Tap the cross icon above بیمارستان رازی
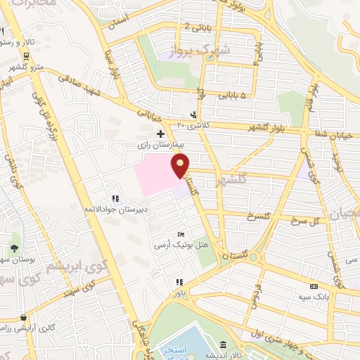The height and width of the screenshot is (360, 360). coord(161,133)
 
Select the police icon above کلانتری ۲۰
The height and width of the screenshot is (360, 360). coord(193,115)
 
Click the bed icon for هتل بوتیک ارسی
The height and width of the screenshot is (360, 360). coord(181,235)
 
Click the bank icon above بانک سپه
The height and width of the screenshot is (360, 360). coord(314,286)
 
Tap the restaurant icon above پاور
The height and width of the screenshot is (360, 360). coord(179,282)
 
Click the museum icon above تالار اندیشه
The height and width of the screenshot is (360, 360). coord(223,345)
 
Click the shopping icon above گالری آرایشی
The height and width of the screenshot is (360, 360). coord(26,317)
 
